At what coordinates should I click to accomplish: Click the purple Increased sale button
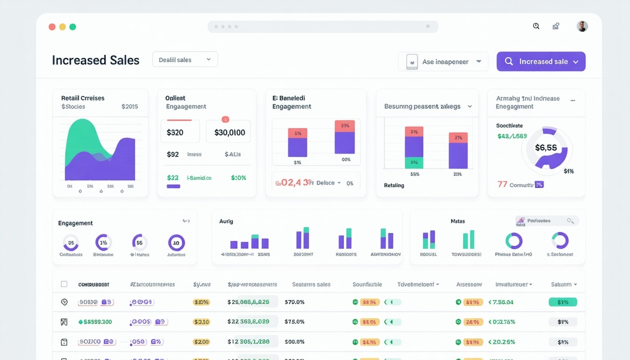tap(541, 61)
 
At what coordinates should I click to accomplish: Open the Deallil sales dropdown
tap(185, 60)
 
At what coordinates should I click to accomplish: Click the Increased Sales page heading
tap(96, 60)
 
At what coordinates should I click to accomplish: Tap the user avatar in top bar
tap(582, 27)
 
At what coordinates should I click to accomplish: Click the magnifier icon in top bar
tap(536, 26)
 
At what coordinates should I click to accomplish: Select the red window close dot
tap(52, 27)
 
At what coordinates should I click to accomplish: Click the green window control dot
tap(73, 27)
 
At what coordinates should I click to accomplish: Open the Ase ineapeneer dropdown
tap(443, 61)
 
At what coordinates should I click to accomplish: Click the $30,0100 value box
tap(229, 132)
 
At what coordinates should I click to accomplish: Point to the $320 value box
tap(180, 132)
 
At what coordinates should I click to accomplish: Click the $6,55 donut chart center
tap(546, 148)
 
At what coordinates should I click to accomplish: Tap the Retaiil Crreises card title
tap(83, 98)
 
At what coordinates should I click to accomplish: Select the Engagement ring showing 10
tap(176, 243)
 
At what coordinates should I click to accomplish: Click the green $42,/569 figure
tap(512, 136)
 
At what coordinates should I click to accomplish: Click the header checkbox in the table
tap(64, 284)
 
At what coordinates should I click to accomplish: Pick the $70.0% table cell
tap(294, 302)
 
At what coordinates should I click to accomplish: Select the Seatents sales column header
tap(311, 285)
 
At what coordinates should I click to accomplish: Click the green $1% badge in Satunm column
tap(562, 302)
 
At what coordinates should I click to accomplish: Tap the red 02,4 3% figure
tap(294, 183)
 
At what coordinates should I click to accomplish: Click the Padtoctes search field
tap(547, 221)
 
